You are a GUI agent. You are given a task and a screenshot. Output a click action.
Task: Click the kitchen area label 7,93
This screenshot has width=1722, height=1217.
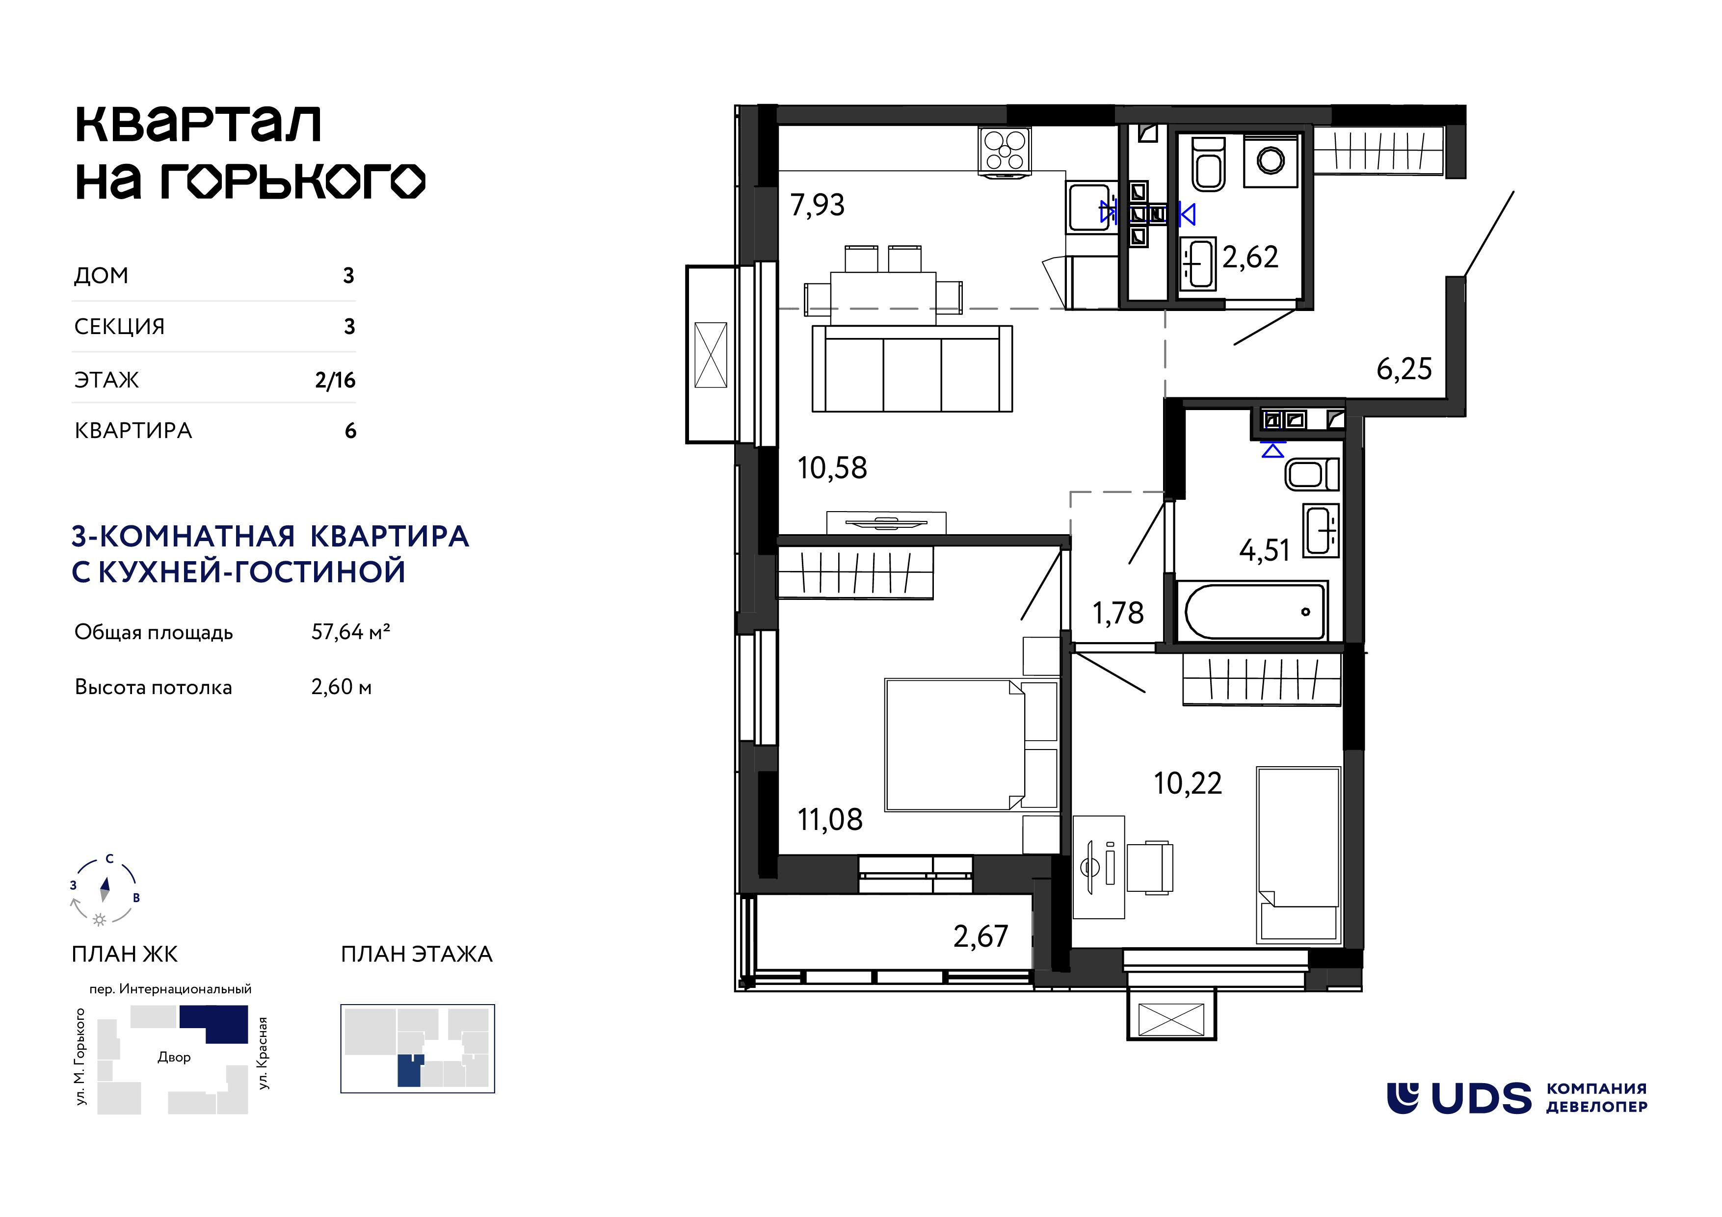(x=818, y=205)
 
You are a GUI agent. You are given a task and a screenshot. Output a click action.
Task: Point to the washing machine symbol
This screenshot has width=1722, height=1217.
(x=1271, y=160)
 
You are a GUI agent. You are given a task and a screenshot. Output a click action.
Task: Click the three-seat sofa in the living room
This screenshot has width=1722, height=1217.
(x=912, y=368)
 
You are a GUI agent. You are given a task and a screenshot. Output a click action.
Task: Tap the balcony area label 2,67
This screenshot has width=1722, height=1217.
(x=980, y=936)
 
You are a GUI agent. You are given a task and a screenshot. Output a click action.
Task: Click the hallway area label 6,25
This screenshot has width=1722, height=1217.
(x=1404, y=369)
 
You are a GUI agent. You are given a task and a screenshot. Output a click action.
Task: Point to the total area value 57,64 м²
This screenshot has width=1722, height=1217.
(x=351, y=632)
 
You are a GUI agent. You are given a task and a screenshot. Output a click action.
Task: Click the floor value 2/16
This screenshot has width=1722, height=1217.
(x=335, y=380)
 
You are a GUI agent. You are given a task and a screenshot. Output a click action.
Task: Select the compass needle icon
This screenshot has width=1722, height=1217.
(x=105, y=889)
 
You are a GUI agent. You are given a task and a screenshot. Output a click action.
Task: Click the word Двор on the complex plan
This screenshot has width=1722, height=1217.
(x=174, y=1057)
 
